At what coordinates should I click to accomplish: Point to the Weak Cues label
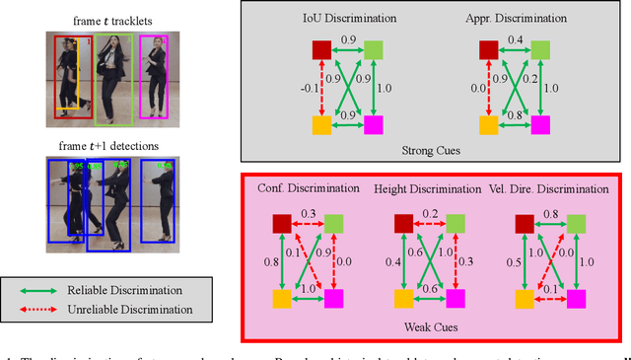[x=428, y=326]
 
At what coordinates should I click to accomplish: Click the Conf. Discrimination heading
[x=310, y=188]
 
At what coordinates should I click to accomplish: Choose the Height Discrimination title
[x=422, y=188]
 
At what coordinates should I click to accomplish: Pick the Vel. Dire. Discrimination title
[x=547, y=188]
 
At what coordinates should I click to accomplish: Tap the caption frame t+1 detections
[x=105, y=147]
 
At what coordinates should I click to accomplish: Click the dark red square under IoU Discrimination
[x=320, y=50]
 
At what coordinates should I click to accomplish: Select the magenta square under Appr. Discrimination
[x=542, y=124]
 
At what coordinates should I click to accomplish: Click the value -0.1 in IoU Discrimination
[x=304, y=88]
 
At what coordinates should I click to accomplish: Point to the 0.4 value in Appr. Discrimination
[x=515, y=40]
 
